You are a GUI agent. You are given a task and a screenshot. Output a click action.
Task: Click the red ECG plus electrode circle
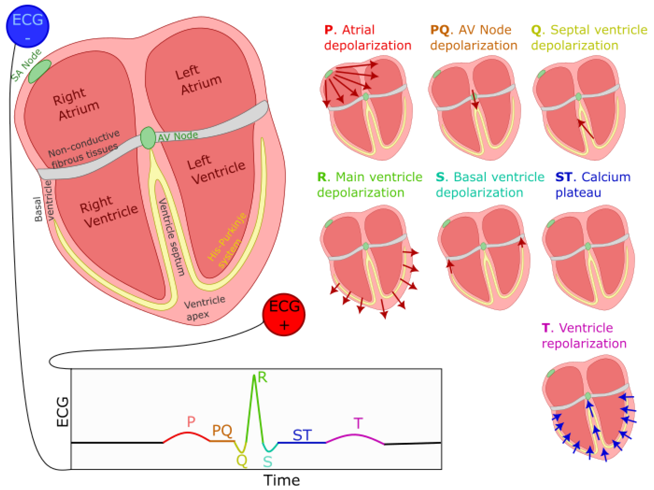[x=284, y=314]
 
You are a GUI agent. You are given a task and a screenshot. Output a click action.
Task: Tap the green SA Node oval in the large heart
[x=40, y=71]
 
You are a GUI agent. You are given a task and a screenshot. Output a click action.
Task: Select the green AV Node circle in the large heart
[x=148, y=138]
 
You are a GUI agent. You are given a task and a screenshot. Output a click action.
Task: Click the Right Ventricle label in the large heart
[x=109, y=211]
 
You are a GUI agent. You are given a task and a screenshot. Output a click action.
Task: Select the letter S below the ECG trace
[x=267, y=462]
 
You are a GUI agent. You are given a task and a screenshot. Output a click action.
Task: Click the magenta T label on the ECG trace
[x=358, y=423]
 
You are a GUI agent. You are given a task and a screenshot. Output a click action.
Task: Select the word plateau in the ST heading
[x=578, y=193]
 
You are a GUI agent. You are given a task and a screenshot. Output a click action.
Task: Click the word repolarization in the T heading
[x=584, y=344]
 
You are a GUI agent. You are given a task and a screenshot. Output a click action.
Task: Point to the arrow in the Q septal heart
[x=586, y=129]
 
